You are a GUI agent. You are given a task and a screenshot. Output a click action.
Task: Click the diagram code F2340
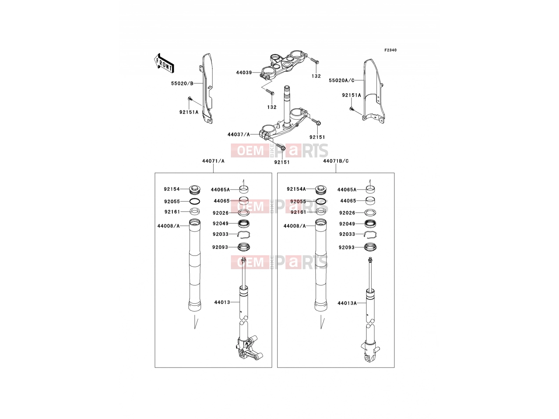pyautogui.click(x=390, y=50)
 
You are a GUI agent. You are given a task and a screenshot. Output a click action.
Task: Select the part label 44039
pyautogui.click(x=244, y=73)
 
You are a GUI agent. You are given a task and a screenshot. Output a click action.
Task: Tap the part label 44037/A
pyautogui.click(x=239, y=134)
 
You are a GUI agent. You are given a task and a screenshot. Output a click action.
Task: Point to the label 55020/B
pyautogui.click(x=182, y=83)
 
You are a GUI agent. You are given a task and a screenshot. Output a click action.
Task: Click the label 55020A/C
pyautogui.click(x=341, y=80)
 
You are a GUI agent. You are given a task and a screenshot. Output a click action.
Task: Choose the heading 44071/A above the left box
pyautogui.click(x=213, y=161)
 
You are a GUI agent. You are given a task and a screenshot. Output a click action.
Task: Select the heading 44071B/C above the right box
pyautogui.click(x=336, y=161)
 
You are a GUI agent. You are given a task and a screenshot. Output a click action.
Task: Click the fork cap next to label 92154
pyautogui.click(x=195, y=190)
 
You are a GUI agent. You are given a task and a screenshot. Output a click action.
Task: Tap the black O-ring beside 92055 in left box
pyautogui.click(x=195, y=202)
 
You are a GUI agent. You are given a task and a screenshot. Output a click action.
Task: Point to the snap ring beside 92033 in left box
pyautogui.click(x=244, y=235)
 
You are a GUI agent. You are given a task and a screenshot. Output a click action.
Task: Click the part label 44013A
pyautogui.click(x=347, y=303)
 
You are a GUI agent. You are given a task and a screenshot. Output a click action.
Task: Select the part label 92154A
pyautogui.click(x=296, y=189)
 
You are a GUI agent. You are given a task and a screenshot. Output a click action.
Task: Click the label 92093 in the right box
pyautogui.click(x=346, y=247)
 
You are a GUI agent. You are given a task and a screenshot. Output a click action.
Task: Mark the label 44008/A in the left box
pyautogui.click(x=169, y=226)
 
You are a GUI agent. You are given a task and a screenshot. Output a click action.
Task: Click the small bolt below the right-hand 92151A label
pyautogui.click(x=352, y=109)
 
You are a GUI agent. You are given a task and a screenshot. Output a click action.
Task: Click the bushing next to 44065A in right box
pyautogui.click(x=370, y=189)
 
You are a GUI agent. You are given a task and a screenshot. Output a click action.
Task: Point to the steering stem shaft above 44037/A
pyautogui.click(x=287, y=107)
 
